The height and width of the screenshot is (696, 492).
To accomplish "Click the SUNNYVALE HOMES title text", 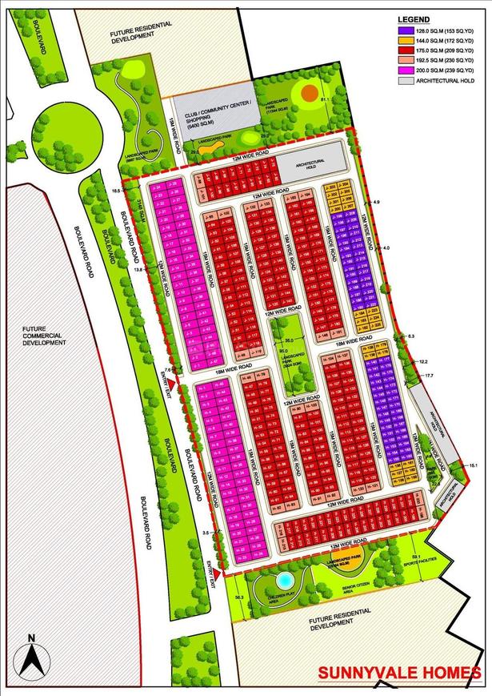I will [x=399, y=674].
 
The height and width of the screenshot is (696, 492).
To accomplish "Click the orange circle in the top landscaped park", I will [x=309, y=93].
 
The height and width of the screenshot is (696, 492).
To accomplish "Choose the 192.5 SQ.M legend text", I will [x=445, y=59].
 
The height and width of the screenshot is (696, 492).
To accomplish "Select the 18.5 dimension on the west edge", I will [x=116, y=191].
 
